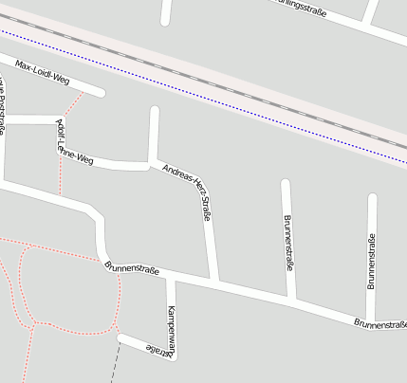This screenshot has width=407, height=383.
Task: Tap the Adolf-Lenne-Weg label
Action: (x=76, y=142)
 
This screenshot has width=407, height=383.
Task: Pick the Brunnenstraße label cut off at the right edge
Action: (x=380, y=324)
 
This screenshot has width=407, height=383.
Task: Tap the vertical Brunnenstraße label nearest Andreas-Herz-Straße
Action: (x=287, y=243)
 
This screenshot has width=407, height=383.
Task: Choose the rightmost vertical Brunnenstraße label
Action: (x=372, y=260)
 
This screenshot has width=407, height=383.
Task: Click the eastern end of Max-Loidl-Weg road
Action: (x=100, y=93)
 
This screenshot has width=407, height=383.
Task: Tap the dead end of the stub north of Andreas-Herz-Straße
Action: (x=155, y=111)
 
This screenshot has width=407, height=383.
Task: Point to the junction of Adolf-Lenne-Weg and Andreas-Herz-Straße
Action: (x=151, y=164)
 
